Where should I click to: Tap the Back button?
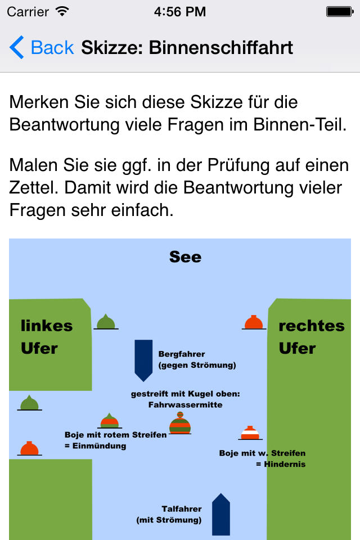41,47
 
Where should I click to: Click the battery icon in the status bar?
340,12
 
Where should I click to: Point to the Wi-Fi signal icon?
62,11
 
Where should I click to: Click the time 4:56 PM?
180,12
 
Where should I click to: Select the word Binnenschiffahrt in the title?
221,47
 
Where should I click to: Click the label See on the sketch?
185,257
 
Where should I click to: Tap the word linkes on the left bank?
47,326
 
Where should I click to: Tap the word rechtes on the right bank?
312,326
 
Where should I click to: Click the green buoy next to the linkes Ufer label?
106,322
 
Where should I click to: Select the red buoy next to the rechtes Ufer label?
254,323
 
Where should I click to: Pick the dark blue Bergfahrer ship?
143,360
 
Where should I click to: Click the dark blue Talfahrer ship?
221,515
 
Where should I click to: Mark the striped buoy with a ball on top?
180,423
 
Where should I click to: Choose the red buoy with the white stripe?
250,433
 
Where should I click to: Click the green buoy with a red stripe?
110,421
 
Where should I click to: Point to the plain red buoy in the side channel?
30,448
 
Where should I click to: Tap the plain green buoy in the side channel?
30,403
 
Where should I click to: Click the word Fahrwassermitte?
185,404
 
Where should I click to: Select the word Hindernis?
285,464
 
